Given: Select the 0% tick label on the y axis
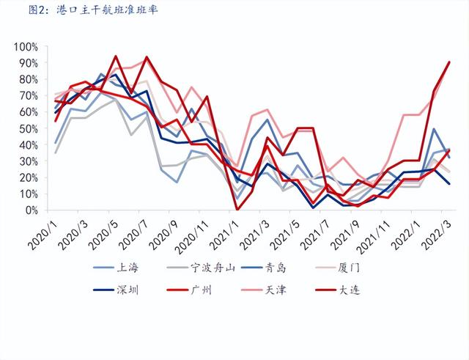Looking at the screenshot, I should [x=33, y=210].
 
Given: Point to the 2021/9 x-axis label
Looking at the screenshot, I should [x=352, y=233].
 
